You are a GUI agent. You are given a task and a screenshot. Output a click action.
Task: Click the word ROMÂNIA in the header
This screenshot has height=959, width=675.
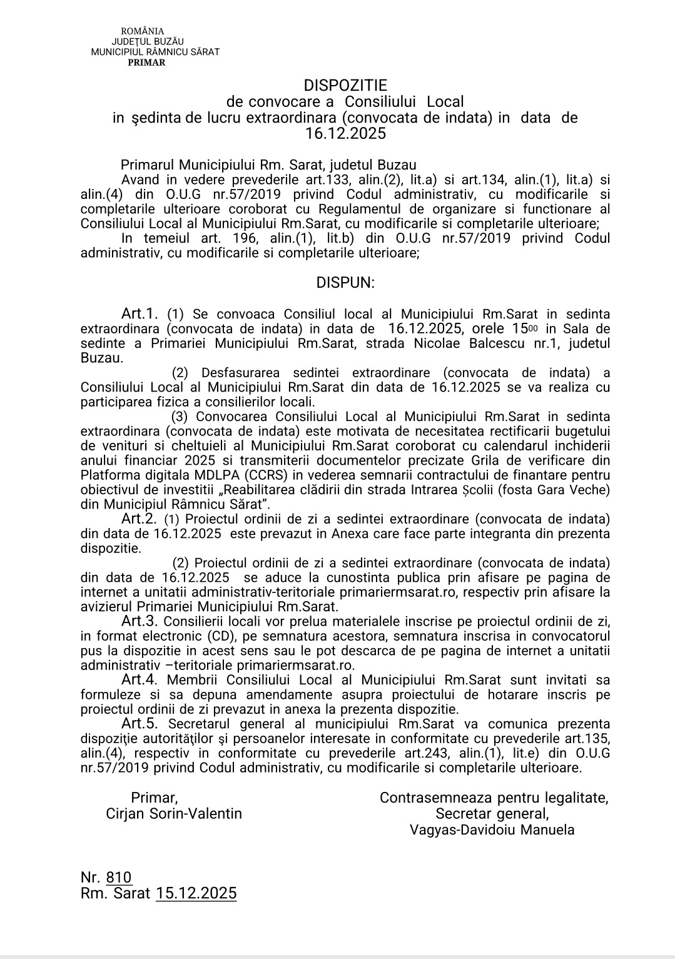click(143, 31)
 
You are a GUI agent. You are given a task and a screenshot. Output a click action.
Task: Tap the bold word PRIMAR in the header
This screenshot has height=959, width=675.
click(146, 63)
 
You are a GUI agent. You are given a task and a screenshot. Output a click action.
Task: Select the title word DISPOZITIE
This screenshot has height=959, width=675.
click(345, 85)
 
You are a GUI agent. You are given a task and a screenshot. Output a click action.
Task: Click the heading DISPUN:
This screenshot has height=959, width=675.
click(345, 282)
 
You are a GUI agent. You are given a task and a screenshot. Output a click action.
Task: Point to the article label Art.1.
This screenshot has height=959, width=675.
click(142, 313)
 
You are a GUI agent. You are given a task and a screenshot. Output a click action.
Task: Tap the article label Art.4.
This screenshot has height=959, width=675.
click(139, 679)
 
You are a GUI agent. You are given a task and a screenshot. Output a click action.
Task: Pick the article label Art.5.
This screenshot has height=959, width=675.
click(139, 724)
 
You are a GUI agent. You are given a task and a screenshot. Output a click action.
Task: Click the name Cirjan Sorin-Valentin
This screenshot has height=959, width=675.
click(174, 813)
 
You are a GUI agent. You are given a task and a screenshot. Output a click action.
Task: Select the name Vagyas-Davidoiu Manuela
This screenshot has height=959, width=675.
click(492, 830)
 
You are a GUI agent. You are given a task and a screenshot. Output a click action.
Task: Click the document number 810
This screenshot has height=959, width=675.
click(119, 877)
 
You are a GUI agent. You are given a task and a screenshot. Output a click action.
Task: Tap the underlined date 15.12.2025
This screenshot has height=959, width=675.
click(196, 893)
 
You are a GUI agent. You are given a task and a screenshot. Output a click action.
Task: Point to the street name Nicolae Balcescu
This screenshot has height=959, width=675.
click(468, 343)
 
